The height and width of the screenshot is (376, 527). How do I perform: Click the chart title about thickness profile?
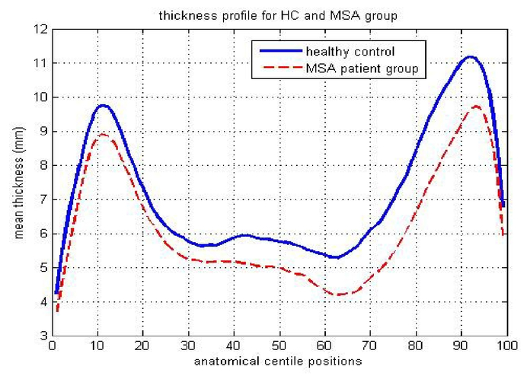coord(277,14)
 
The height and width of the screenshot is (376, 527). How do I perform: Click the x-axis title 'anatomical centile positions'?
coord(277,360)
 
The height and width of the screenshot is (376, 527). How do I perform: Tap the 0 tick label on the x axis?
coord(51,346)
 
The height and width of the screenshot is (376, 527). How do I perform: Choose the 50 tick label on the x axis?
coord(277,346)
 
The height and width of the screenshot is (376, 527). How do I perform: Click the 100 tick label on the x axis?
coord(503,346)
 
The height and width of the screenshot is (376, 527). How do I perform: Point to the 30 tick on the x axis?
coord(187,346)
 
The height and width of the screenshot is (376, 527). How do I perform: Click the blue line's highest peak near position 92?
coord(470,57)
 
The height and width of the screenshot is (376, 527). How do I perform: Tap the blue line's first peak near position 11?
coord(102,106)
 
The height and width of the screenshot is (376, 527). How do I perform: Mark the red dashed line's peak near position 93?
coord(475,107)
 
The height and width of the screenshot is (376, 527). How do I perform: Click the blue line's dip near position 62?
coord(334,257)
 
